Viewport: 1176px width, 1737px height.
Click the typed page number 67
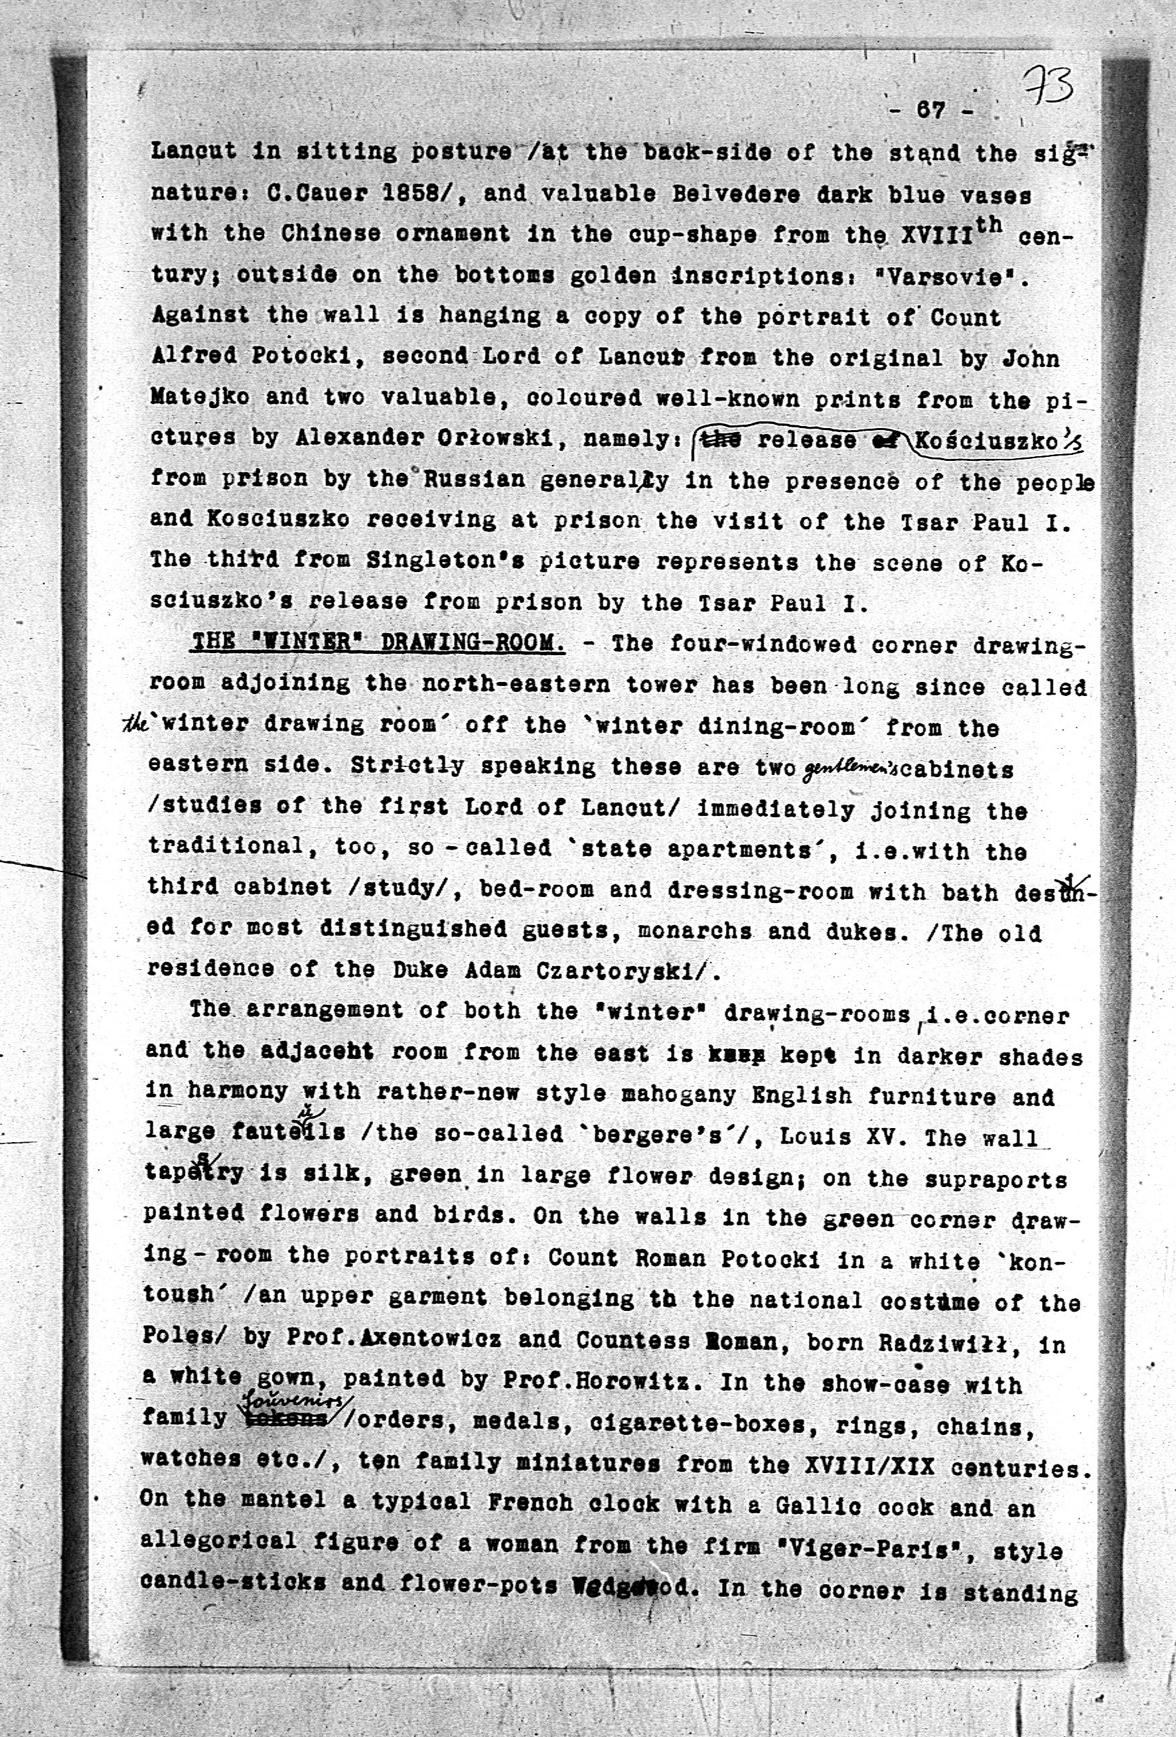click(x=931, y=111)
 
